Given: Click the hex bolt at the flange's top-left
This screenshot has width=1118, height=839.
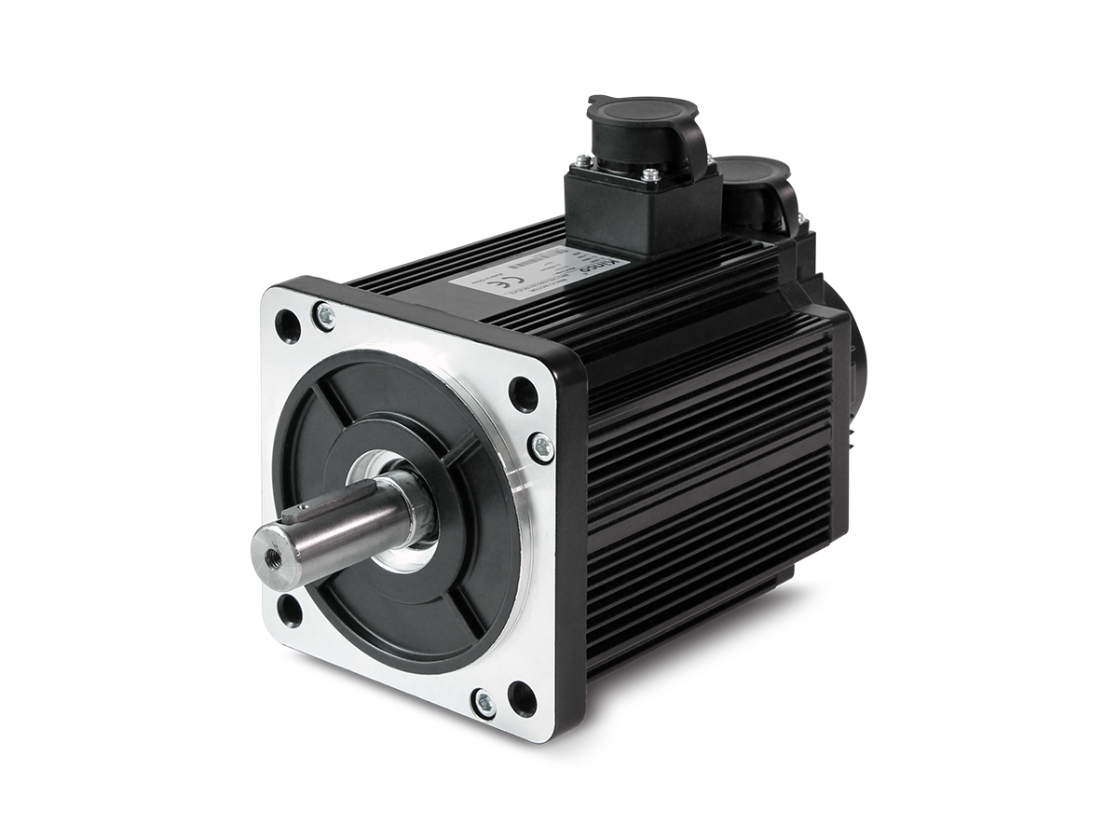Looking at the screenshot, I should [323, 315].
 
